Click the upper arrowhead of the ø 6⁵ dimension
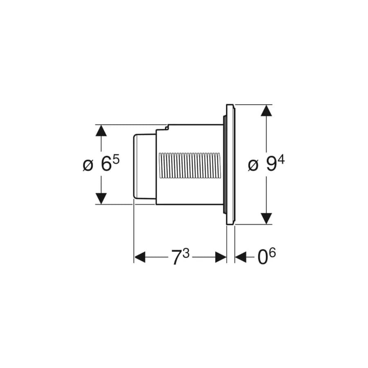101,130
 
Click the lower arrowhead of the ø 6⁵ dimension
101,199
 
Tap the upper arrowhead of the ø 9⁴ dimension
266,110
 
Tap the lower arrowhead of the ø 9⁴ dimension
266,218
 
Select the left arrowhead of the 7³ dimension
140,257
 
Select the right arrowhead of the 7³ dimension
221,257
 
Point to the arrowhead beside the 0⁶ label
240,257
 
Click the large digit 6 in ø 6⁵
106,164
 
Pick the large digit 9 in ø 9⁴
271,164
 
